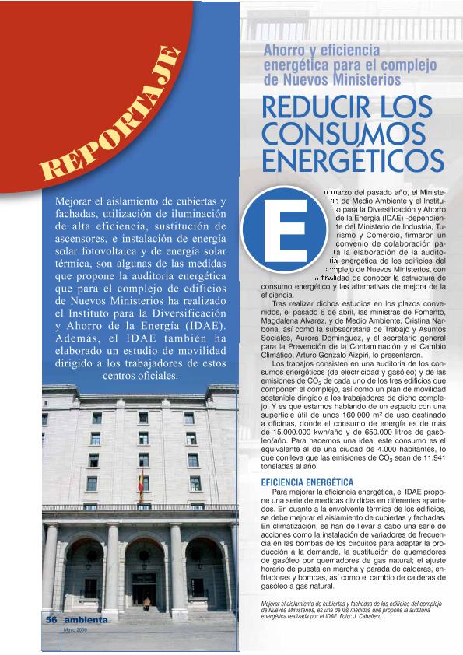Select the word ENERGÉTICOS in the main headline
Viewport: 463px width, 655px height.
point(352,159)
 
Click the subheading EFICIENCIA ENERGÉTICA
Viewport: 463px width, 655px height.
point(307,482)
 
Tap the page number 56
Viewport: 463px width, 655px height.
point(51,619)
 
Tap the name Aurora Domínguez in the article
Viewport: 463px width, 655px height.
point(321,353)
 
